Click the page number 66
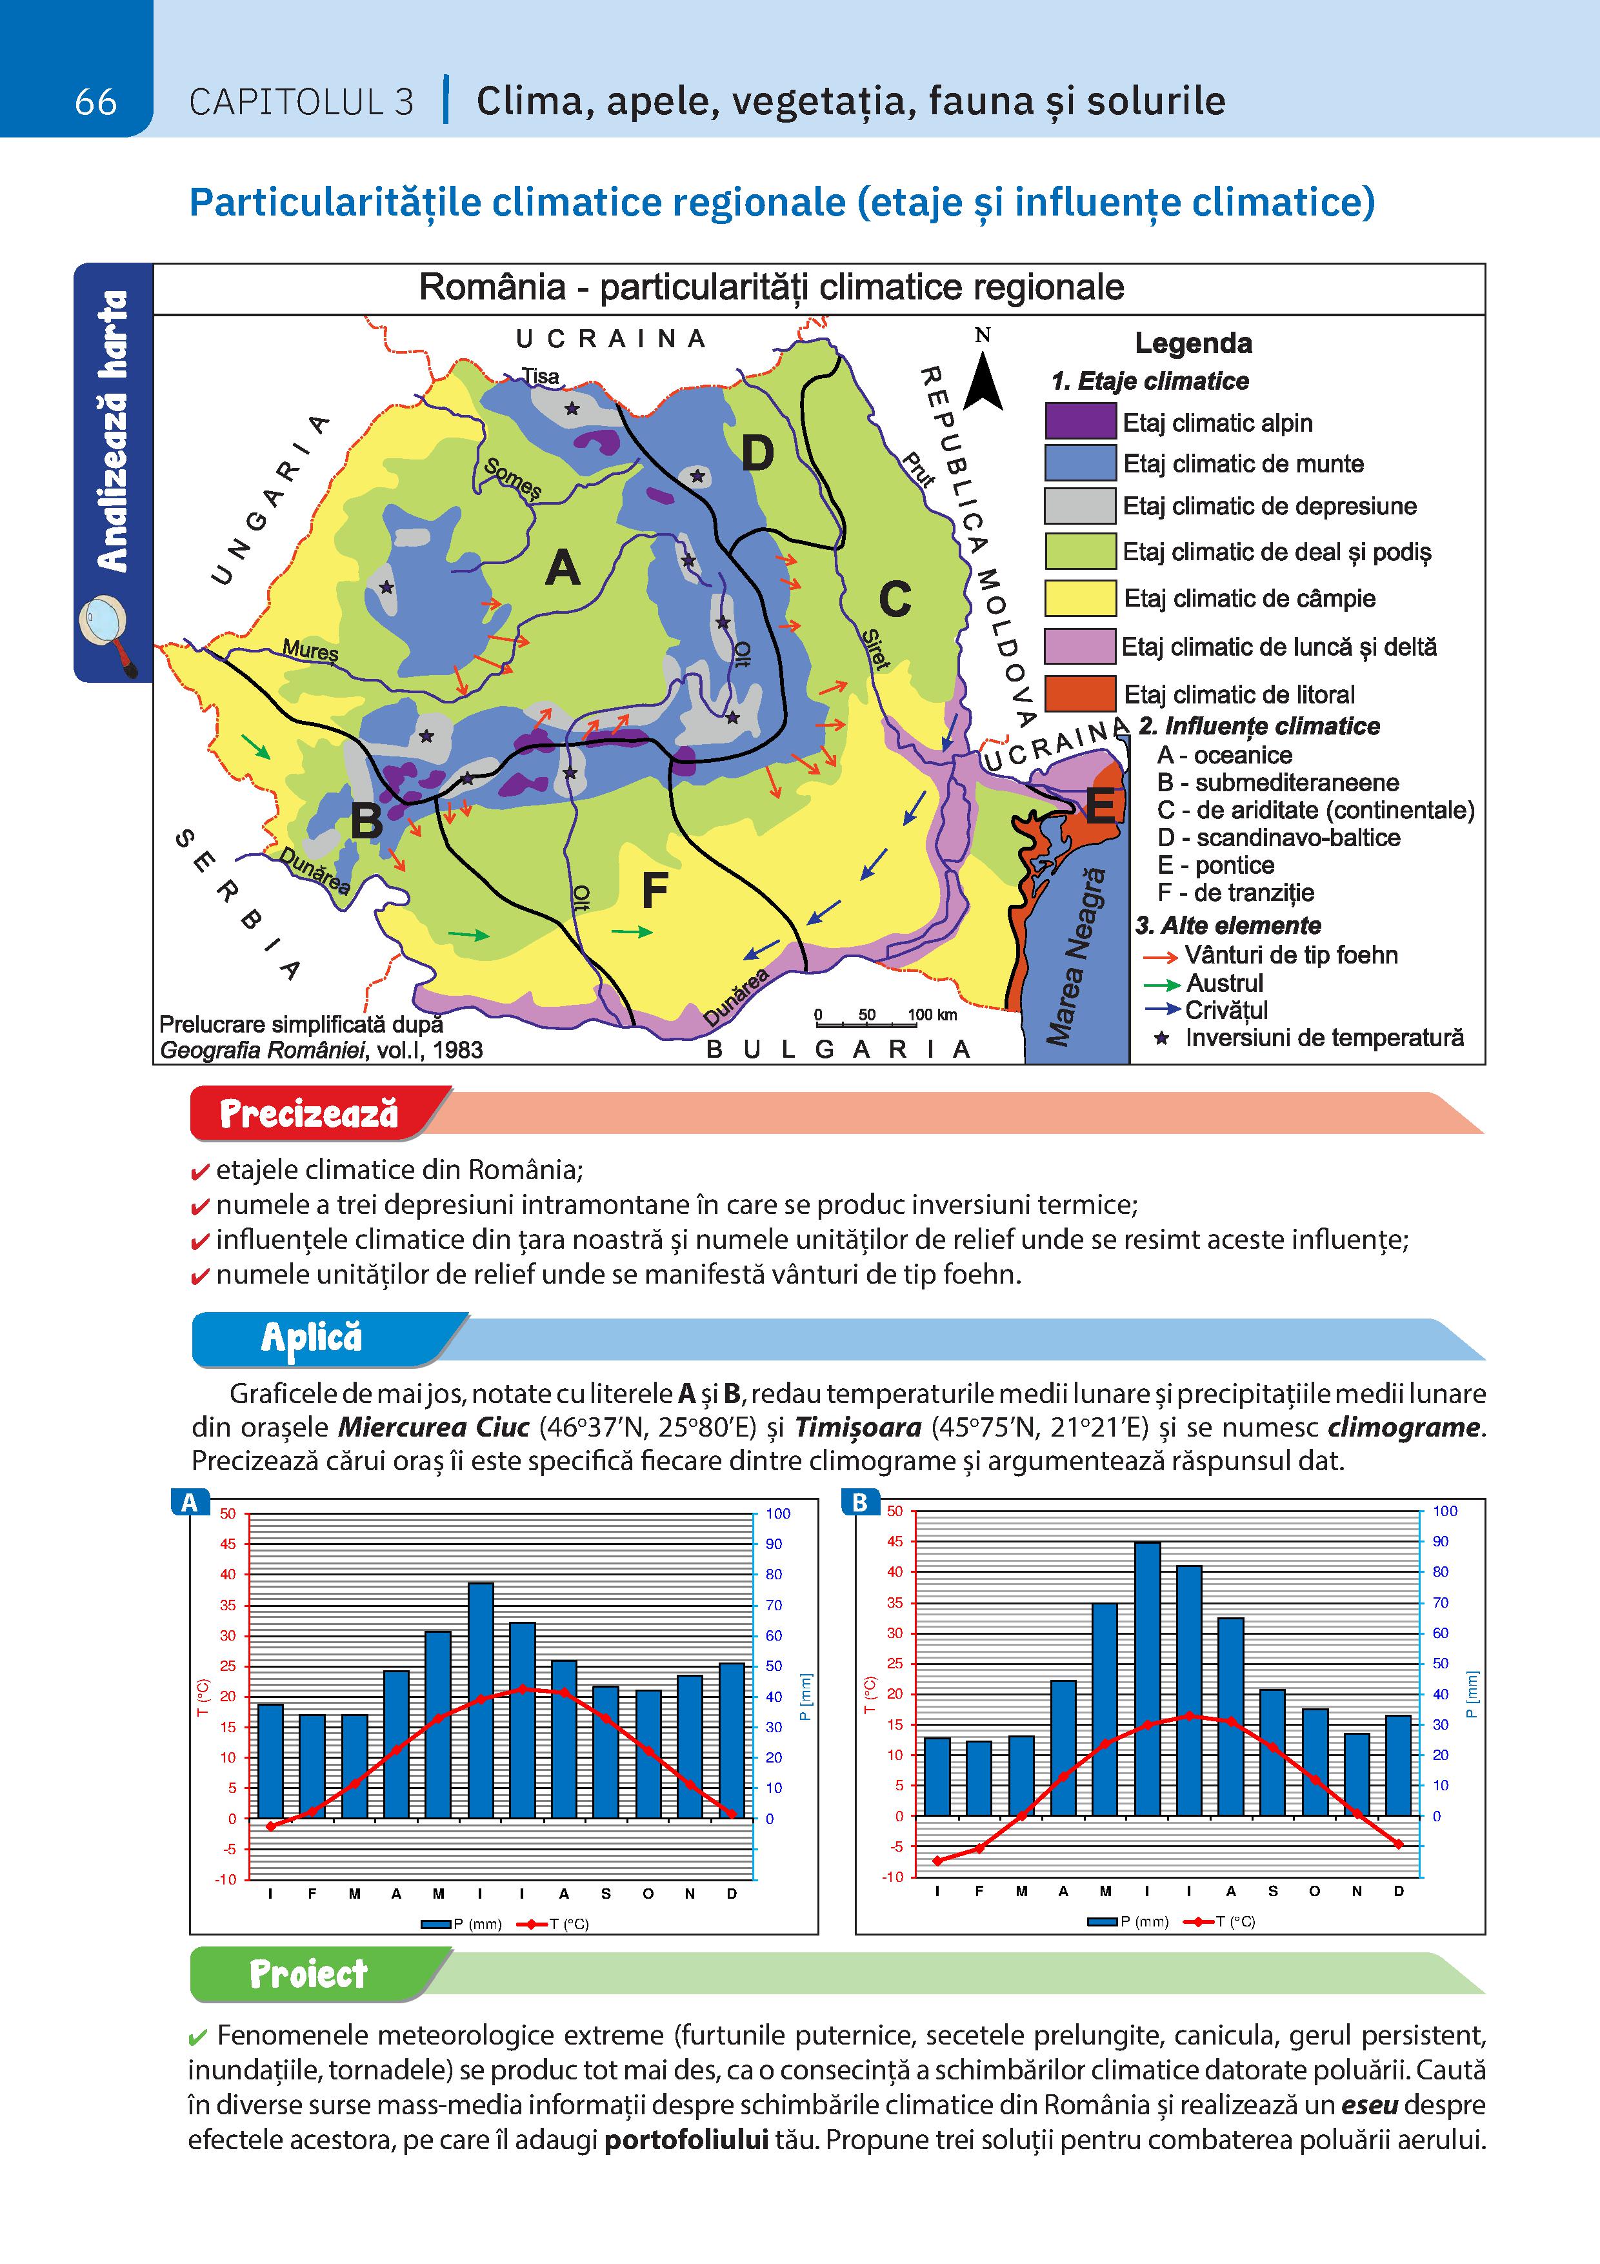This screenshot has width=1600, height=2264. tap(95, 101)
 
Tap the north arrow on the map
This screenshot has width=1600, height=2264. tap(983, 381)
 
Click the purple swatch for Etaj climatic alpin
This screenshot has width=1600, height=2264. tap(1081, 422)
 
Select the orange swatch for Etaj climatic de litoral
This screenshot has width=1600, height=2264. tap(1081, 694)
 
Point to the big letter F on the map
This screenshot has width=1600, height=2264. tap(655, 891)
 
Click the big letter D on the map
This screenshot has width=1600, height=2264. tap(757, 454)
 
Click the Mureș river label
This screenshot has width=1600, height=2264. tap(310, 650)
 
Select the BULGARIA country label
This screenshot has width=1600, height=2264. tap(839, 1050)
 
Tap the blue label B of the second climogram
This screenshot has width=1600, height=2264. tap(859, 1502)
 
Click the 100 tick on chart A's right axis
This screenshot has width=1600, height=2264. tap(778, 1513)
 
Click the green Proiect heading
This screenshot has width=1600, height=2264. tap(308, 1975)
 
